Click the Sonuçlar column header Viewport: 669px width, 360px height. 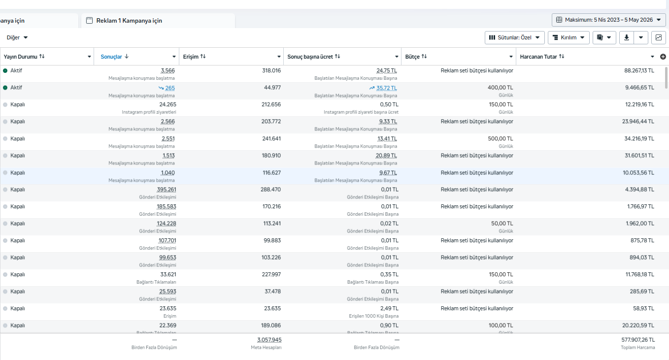[111, 57]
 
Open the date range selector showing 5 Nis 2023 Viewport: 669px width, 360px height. [609, 20]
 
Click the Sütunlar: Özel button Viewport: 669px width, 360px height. [515, 37]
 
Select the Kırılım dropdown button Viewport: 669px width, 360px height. [569, 37]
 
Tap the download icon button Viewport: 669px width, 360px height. [627, 37]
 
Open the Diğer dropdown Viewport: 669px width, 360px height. [17, 37]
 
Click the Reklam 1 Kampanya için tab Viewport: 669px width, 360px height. [129, 21]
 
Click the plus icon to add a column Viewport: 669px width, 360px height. [663, 57]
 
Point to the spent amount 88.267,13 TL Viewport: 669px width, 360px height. [639, 71]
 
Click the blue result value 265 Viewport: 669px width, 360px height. [170, 88]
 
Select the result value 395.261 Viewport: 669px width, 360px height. [167, 190]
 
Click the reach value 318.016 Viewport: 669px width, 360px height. [271, 71]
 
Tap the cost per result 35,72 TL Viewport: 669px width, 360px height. [386, 88]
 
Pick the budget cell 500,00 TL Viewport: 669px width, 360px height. [500, 139]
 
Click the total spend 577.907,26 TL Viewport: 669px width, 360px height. [638, 340]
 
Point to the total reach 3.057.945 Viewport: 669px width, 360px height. [269, 340]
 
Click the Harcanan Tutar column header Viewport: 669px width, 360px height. [538, 57]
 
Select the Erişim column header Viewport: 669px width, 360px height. [191, 57]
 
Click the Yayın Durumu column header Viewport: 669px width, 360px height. [20, 57]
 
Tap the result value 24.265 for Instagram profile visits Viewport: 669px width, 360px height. [167, 105]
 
